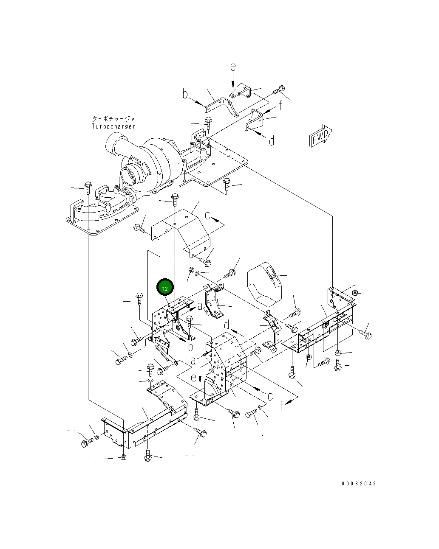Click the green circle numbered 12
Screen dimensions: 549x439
(165, 288)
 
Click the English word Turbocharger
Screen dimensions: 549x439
(113, 126)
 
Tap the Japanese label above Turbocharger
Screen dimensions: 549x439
(113, 119)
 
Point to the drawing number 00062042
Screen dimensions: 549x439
(359, 484)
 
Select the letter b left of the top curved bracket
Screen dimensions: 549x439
(185, 94)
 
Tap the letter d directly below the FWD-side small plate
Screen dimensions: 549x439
(272, 140)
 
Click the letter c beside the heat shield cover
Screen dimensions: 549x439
(208, 216)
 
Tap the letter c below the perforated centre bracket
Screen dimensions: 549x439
(270, 396)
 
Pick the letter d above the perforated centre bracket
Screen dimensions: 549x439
(227, 326)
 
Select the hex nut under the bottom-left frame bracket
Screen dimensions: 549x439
(123, 457)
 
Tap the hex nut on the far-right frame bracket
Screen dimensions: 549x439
(356, 292)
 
